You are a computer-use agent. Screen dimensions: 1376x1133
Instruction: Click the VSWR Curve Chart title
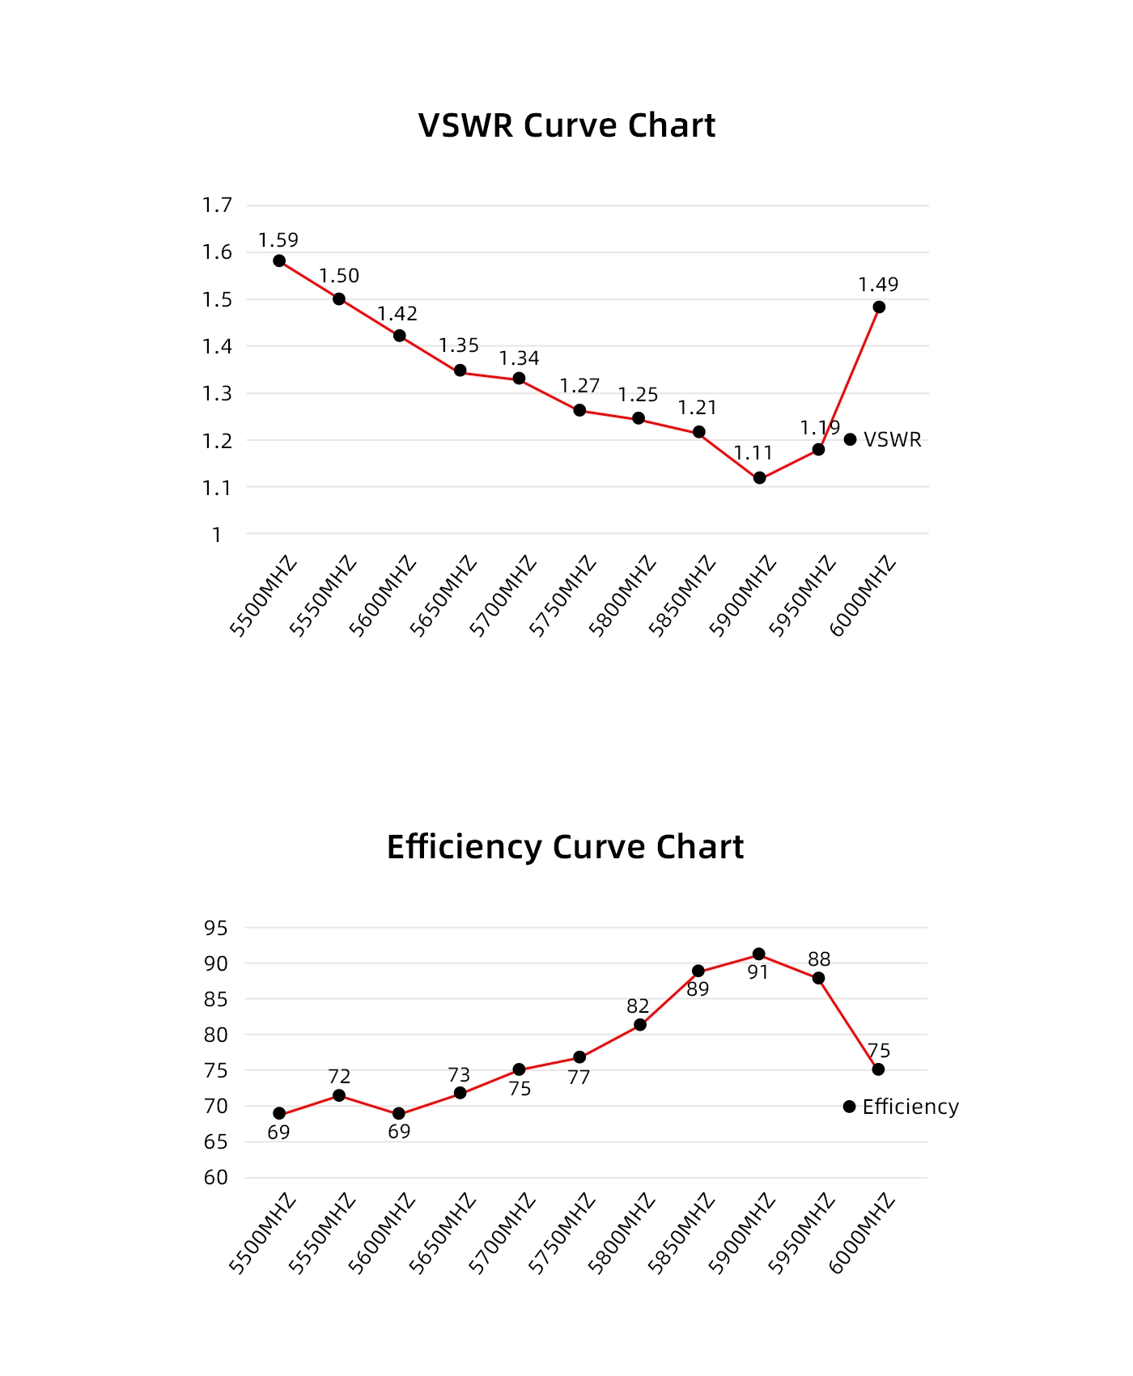tap(566, 126)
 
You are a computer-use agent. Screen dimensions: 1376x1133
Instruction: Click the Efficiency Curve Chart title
tap(565, 847)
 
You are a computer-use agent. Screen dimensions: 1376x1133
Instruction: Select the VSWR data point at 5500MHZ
tap(279, 260)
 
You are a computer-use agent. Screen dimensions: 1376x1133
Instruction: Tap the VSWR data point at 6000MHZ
tap(879, 307)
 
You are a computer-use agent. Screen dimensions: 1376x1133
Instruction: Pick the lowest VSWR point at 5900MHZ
tap(759, 478)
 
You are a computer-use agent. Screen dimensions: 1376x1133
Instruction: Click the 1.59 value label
tap(278, 240)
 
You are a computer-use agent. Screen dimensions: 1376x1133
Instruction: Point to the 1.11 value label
tap(753, 453)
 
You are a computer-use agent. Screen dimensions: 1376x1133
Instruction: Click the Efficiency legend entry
tap(902, 1107)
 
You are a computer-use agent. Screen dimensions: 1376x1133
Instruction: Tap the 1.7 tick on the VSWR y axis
tap(217, 205)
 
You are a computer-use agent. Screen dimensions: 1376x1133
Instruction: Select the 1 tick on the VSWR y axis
tap(217, 535)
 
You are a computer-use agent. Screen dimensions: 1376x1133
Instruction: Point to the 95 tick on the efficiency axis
tap(216, 928)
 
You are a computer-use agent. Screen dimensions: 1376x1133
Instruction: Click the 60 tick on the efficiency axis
tap(216, 1178)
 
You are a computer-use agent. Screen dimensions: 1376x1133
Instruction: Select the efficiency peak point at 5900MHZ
tap(759, 955)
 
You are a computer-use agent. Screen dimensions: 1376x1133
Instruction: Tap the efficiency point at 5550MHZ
tap(339, 1095)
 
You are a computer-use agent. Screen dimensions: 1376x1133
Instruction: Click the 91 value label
tap(758, 972)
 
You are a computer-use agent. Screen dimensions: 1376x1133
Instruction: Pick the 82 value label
tap(638, 1006)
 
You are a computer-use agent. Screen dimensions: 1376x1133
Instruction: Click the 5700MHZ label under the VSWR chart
tap(503, 596)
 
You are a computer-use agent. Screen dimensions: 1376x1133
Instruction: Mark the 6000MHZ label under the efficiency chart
tap(863, 1234)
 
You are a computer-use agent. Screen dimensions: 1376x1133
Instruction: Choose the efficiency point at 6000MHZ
tap(878, 1069)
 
